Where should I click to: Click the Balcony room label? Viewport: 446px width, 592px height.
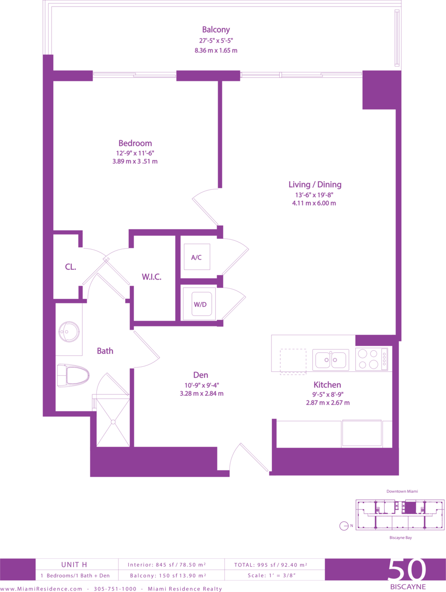click(216, 30)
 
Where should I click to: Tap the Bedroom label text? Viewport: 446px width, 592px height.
click(135, 143)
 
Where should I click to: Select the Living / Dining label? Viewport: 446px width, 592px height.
click(315, 185)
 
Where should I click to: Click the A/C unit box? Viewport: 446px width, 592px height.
click(197, 257)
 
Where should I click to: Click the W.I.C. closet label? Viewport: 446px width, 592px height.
click(152, 277)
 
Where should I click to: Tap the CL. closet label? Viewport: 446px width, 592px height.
click(71, 267)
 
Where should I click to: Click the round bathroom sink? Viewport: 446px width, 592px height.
click(69, 332)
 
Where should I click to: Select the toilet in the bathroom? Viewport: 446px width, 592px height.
click(73, 376)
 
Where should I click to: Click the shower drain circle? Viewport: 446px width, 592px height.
click(113, 422)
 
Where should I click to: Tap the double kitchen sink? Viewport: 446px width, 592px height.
click(331, 360)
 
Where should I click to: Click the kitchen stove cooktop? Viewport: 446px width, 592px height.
click(372, 359)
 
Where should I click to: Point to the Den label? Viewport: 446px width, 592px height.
click(200, 375)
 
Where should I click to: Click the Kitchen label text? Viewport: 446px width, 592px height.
click(327, 385)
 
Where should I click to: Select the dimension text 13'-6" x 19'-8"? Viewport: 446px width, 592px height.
click(314, 195)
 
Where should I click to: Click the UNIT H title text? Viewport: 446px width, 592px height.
click(74, 564)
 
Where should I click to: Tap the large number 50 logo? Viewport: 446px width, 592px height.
click(407, 570)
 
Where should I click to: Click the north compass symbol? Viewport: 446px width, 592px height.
click(344, 526)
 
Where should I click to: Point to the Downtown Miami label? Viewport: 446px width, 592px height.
click(402, 491)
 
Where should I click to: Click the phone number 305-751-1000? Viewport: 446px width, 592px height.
click(115, 589)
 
